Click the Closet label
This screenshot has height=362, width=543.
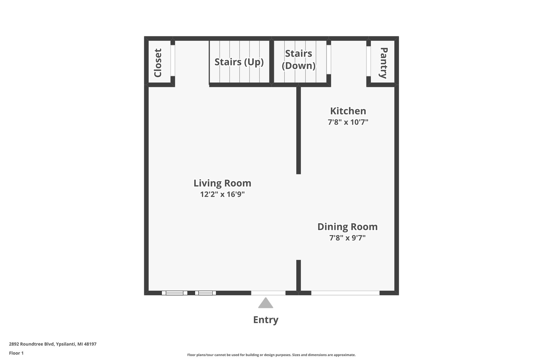[157, 63]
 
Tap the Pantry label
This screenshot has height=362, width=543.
[383, 63]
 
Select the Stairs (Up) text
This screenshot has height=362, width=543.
[239, 62]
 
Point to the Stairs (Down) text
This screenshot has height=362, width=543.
[299, 60]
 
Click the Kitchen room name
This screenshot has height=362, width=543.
[348, 111]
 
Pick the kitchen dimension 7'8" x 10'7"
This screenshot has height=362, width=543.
[348, 122]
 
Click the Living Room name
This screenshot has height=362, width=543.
[222, 183]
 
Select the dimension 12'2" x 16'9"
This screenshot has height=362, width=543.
[222, 194]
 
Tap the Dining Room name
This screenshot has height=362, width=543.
[348, 227]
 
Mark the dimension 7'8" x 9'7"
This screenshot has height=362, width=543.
[348, 238]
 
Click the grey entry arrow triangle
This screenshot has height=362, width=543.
[266, 303]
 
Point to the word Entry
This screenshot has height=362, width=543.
[266, 320]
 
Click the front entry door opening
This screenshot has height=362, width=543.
[268, 293]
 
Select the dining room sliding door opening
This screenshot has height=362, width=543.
[345, 293]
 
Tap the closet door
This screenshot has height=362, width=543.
[173, 61]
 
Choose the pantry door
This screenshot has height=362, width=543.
[369, 61]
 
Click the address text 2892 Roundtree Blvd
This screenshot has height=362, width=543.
[32, 344]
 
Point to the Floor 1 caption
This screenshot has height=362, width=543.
[16, 353]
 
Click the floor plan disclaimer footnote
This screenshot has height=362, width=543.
[271, 355]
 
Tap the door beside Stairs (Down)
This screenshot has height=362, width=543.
[329, 60]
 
